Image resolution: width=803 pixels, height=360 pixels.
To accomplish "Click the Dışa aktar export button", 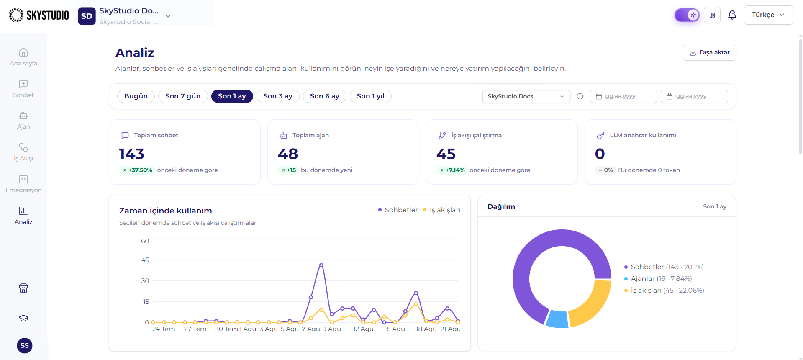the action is coord(709,53).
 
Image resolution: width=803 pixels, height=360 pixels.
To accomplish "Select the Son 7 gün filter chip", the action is coord(183,96).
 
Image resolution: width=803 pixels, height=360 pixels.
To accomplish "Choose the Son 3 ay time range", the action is coord(278,96).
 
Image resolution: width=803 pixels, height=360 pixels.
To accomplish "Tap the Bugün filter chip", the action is coord(136,96).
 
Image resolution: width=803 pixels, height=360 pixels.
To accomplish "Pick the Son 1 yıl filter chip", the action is coord(370,96).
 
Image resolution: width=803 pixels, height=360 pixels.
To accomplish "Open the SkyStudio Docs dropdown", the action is coord(526,96).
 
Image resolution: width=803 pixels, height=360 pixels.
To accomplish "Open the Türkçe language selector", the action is coord(768,15).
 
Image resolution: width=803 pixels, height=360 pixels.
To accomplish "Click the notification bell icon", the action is coord(732,15).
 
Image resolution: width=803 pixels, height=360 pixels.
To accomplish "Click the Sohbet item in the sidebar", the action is coord(23,89).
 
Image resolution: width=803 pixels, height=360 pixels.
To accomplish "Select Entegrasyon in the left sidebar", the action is coord(23,184).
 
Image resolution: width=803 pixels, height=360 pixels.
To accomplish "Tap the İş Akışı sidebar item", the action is coord(23,152).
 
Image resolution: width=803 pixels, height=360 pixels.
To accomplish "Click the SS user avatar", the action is coord(25,345).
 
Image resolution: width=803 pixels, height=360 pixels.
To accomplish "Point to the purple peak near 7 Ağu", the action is coord(321,265).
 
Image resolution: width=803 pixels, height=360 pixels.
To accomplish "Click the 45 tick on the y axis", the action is coord(145,260).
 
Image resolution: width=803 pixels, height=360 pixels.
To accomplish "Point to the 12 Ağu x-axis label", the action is coord(363,329).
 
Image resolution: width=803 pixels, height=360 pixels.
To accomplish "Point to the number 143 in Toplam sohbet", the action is coord(131,154).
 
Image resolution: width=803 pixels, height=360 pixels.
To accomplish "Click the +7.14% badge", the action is coord(452,170).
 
